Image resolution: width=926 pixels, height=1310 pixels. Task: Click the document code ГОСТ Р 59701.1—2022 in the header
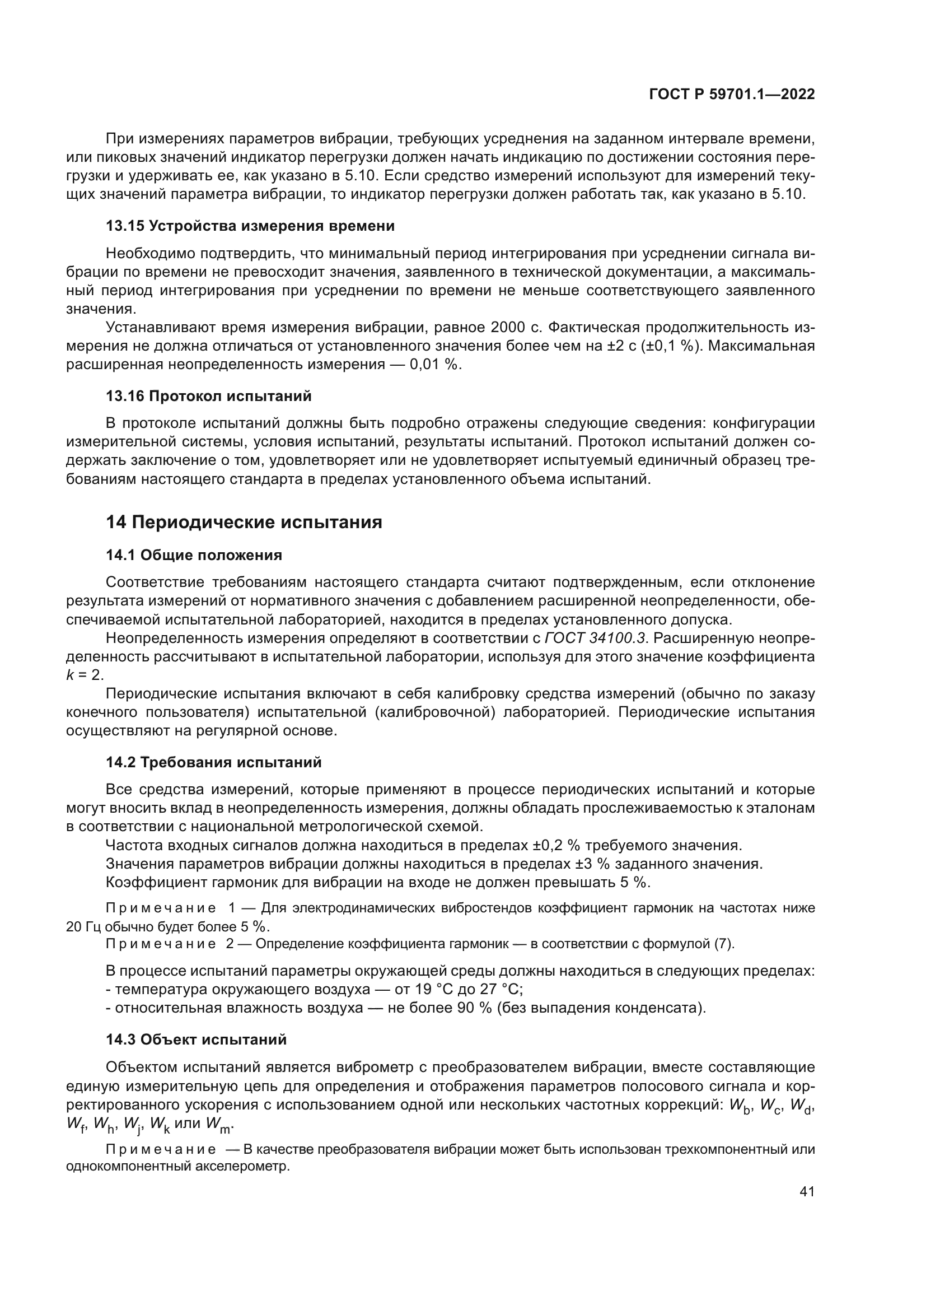[732, 94]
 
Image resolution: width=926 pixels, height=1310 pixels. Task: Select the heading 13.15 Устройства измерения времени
[250, 226]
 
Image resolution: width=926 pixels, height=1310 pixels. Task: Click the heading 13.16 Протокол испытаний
[209, 396]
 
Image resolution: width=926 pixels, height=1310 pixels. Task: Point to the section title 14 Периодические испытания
[244, 522]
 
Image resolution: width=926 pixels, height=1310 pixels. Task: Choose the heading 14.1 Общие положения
[194, 555]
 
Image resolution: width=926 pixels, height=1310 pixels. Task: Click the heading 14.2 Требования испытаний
[214, 762]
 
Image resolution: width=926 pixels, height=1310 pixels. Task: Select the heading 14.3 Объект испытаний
[196, 1039]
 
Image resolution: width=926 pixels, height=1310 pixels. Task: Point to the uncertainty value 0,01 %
[433, 365]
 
